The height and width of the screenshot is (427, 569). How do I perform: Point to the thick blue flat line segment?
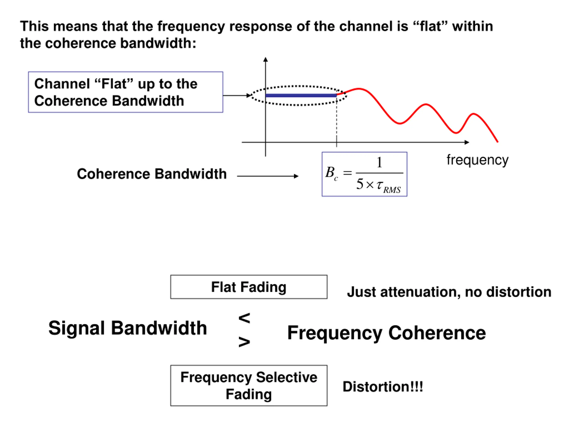pos(301,95)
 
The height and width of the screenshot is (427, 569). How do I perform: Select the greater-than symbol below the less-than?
pos(244,342)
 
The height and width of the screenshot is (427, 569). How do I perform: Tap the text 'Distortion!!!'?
pos(383,387)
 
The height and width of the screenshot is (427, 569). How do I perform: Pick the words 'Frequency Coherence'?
pos(387,333)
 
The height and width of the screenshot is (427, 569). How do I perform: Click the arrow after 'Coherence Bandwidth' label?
pos(268,176)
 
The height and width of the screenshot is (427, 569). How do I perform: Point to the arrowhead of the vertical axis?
pos(265,59)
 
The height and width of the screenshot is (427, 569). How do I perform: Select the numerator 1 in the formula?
pos(379,163)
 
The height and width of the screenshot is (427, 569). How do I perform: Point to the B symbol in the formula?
pos(330,172)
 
